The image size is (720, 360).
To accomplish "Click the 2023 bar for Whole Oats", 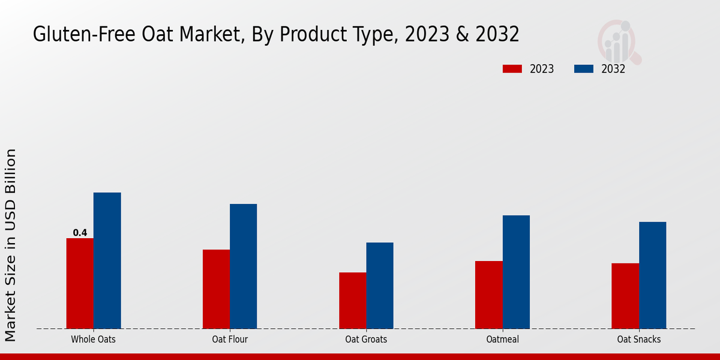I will tap(80, 283).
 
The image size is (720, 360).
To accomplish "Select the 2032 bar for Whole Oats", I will tap(107, 260).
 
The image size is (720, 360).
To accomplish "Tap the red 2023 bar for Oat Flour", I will tap(216, 289).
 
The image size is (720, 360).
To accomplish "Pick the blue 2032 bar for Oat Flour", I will tap(243, 266).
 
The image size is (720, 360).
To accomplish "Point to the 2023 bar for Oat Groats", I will tap(352, 300).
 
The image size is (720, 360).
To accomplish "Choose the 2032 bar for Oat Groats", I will tap(380, 285).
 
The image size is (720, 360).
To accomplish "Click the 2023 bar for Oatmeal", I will tap(488, 295).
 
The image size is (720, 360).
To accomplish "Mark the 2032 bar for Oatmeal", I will tap(516, 272).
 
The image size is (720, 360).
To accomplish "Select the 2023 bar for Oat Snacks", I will tap(625, 296).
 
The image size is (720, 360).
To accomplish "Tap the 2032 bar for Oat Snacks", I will tap(652, 275).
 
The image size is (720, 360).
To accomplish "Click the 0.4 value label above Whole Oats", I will tap(80, 233).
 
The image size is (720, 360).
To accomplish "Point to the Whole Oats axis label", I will tap(93, 339).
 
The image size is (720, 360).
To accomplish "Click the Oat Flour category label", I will tap(230, 339).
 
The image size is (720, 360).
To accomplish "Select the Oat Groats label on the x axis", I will tap(366, 339).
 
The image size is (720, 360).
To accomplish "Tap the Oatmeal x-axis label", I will tap(502, 339).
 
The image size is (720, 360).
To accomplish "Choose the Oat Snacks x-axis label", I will tap(639, 339).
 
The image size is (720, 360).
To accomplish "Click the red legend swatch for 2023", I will tap(512, 69).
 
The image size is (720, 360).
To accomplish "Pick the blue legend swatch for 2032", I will tap(584, 69).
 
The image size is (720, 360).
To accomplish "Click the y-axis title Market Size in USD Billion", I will tap(11, 246).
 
